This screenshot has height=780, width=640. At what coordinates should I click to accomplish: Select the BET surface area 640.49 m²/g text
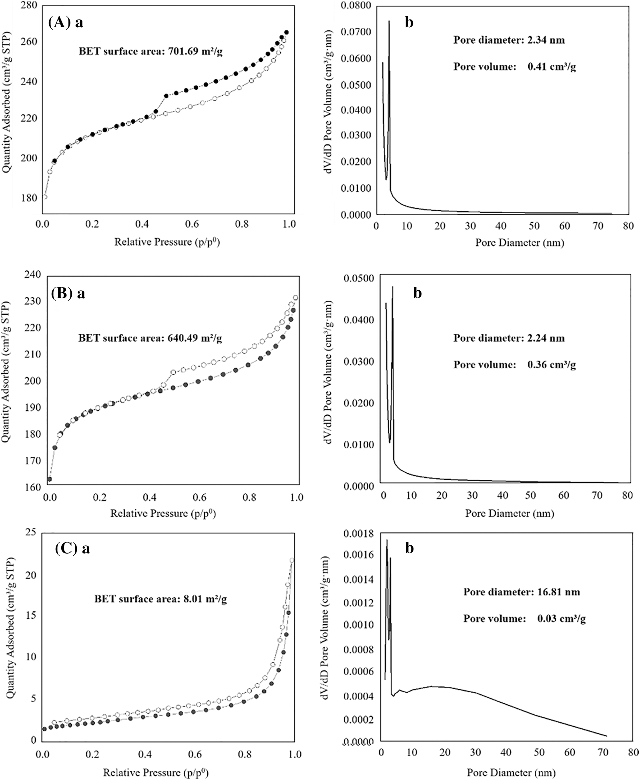[150, 338]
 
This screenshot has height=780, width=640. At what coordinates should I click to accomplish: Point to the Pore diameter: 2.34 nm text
[509, 40]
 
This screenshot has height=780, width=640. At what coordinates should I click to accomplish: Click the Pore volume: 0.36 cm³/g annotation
[514, 364]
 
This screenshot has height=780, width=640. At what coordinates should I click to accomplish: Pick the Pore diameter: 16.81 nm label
[522, 592]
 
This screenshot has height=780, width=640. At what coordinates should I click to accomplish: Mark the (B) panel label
[62, 294]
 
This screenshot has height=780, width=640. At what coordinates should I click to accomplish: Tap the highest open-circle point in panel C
[292, 560]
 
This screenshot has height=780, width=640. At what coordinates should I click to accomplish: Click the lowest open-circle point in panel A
[45, 197]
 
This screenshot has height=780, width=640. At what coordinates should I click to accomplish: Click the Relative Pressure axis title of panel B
[163, 513]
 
